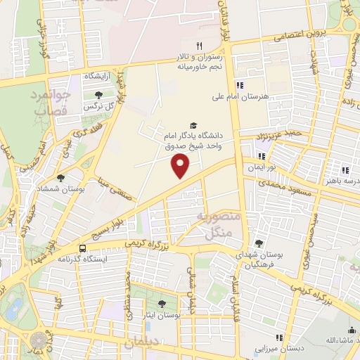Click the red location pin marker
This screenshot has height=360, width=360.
[181, 166]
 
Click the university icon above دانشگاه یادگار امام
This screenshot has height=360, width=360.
[193, 124]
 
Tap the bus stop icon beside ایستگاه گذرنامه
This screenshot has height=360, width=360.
[83, 248]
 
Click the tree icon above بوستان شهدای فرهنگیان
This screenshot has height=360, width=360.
[259, 243]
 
